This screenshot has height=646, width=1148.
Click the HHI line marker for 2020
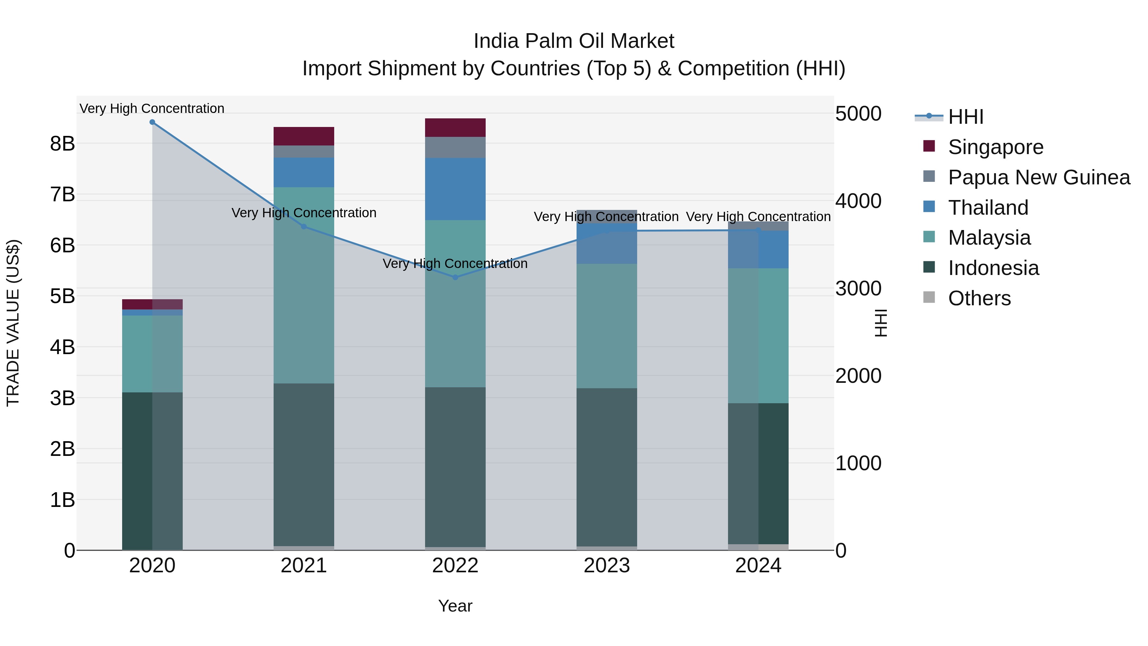pos(152,122)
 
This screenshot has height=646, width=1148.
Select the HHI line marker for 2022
pos(455,277)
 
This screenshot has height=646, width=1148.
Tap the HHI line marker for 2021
pos(304,226)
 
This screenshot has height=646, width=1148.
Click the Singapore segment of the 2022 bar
pos(455,128)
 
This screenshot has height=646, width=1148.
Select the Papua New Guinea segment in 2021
pos(304,152)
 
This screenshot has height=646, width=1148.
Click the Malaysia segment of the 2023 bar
pos(607,326)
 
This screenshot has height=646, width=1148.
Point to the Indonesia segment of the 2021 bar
pos(304,464)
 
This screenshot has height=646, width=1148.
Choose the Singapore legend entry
pos(995,147)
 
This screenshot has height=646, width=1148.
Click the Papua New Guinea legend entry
pos(1038,177)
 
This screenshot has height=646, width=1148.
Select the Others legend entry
pos(979,298)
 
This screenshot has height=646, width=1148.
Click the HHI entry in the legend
pos(965,117)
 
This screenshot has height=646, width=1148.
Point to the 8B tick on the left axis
pos(63,144)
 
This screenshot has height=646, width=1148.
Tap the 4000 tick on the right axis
pos(858,201)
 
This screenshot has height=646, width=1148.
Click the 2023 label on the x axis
pos(607,566)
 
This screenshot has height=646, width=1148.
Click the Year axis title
pos(455,606)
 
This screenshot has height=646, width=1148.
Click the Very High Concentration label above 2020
pos(152,108)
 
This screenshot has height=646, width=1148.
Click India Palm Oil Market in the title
pos(574,41)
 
